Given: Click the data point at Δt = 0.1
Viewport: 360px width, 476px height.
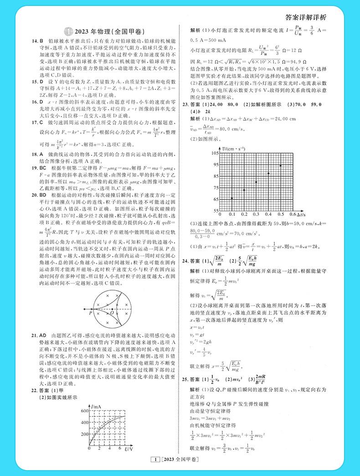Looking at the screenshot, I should [x=232, y=198].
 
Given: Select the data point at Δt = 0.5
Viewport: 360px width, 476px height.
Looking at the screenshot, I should [x=280, y=165].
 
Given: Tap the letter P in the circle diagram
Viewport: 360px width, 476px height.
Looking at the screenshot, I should [x=90, y=313].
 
